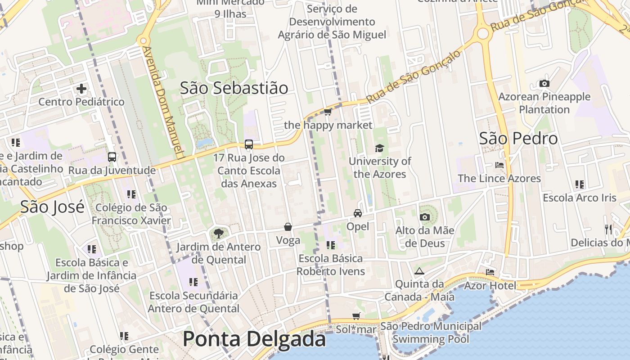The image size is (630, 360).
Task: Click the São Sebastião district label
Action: [234, 88]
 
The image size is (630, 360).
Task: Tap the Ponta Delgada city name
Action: [254, 339]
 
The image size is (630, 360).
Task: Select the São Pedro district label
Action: [518, 139]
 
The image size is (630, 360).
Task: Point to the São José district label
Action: [52, 207]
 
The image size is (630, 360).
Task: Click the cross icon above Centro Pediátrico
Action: [81, 89]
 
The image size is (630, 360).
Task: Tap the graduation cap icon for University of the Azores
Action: [380, 148]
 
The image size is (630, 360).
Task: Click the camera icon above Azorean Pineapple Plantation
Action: [544, 84]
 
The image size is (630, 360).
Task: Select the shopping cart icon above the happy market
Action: [328, 112]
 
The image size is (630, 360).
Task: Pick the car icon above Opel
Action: [358, 213]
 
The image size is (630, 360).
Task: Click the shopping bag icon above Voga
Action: [288, 227]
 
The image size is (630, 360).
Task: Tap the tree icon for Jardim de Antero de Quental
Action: [218, 234]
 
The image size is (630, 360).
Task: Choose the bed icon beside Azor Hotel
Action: [490, 272]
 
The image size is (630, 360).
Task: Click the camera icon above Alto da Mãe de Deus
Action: [424, 217]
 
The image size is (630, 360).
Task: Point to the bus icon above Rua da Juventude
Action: [112, 157]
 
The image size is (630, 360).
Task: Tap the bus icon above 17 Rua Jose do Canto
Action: [249, 144]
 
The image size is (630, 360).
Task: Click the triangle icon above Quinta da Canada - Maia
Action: [419, 271]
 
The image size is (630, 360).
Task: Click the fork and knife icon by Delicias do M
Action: [608, 229]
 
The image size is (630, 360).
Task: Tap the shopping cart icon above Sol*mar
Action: [356, 316]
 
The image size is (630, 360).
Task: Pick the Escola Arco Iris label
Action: [580, 198]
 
